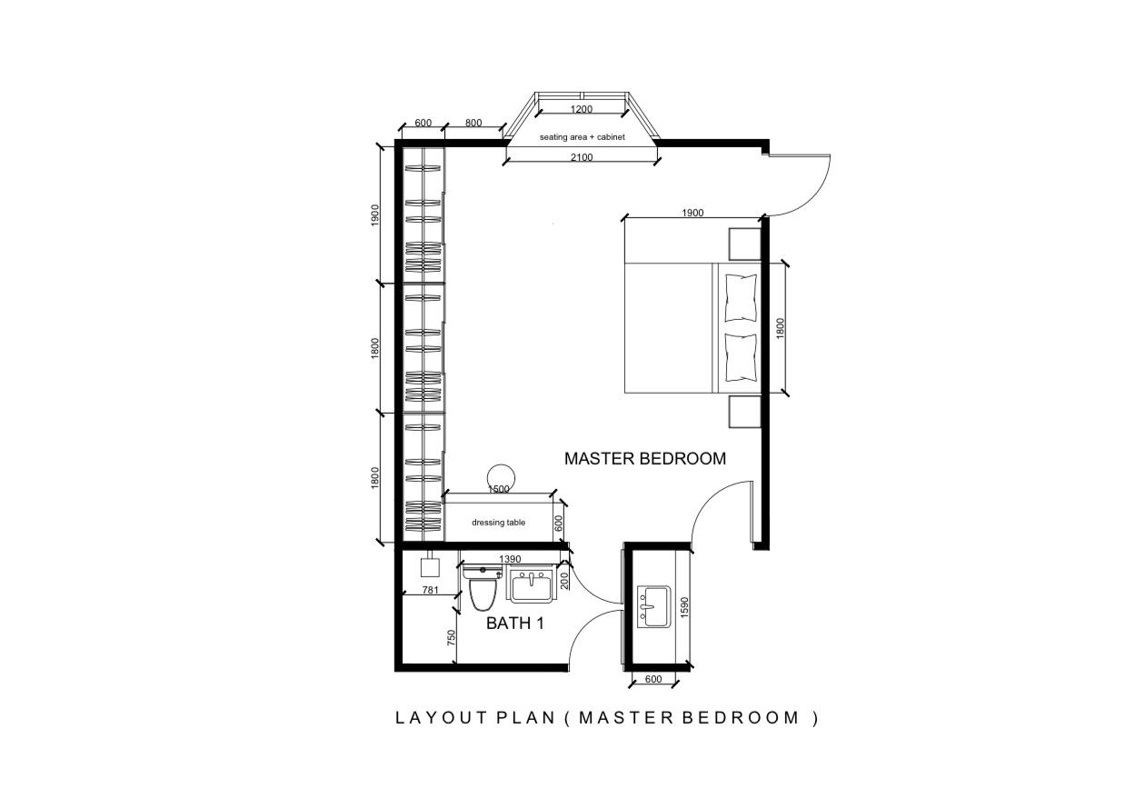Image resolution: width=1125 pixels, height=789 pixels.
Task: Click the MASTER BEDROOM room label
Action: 645,458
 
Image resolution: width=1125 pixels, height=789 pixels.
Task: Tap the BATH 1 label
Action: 514,624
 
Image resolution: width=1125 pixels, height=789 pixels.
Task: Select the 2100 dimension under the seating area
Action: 582,157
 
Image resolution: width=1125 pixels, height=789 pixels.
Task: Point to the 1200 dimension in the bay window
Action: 581,109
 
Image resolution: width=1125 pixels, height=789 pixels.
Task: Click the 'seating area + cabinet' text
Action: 582,136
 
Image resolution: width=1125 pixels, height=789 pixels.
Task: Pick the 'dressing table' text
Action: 498,523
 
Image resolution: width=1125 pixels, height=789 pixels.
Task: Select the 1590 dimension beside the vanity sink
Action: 683,607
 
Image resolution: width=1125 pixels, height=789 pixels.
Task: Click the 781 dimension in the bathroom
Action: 431,590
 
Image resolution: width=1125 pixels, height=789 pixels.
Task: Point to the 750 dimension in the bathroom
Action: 451,638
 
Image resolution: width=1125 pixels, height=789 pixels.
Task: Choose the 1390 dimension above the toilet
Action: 510,559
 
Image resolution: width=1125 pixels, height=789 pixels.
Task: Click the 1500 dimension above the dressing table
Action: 499,489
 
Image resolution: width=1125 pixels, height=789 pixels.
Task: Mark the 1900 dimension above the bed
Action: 692,213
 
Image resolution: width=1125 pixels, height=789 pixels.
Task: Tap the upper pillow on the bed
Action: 741,298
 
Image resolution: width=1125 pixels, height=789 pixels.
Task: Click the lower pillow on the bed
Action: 741,358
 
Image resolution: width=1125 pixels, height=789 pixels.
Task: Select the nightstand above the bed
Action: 745,245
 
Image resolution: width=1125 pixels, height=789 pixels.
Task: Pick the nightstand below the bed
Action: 745,412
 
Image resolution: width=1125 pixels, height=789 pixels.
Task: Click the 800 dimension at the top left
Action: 473,123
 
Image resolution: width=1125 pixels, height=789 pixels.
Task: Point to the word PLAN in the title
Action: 525,718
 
